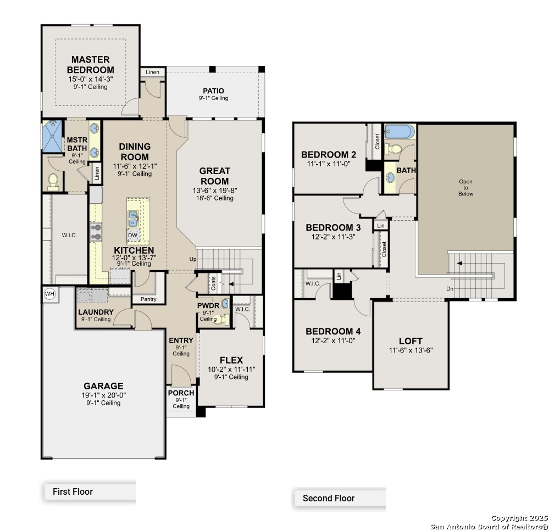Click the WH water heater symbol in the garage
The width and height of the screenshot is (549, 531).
[49, 293]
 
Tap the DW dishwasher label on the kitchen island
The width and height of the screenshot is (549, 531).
[132, 236]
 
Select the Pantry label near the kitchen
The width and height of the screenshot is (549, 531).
[148, 299]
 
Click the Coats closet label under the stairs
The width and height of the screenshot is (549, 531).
[213, 283]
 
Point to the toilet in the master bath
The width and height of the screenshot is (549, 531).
[53, 182]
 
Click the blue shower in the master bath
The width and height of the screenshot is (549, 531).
[52, 136]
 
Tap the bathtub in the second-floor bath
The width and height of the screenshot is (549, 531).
[400, 132]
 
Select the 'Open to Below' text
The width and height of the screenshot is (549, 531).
[465, 187]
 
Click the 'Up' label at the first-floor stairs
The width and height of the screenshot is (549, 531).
[193, 259]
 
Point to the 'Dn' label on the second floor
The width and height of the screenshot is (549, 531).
[450, 289]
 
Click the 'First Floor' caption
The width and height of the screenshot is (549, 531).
[73, 491]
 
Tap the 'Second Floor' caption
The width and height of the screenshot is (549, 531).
[329, 498]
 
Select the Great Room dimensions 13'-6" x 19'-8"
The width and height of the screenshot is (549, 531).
[215, 191]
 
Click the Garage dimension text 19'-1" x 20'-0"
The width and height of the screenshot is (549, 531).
[104, 395]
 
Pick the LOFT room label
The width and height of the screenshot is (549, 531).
[411, 341]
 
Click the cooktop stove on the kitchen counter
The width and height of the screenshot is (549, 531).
[96, 232]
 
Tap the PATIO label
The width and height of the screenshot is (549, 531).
[213, 91]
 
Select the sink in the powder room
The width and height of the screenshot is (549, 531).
[225, 303]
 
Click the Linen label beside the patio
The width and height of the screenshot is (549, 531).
[152, 72]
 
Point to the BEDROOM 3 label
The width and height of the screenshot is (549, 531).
[334, 227]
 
